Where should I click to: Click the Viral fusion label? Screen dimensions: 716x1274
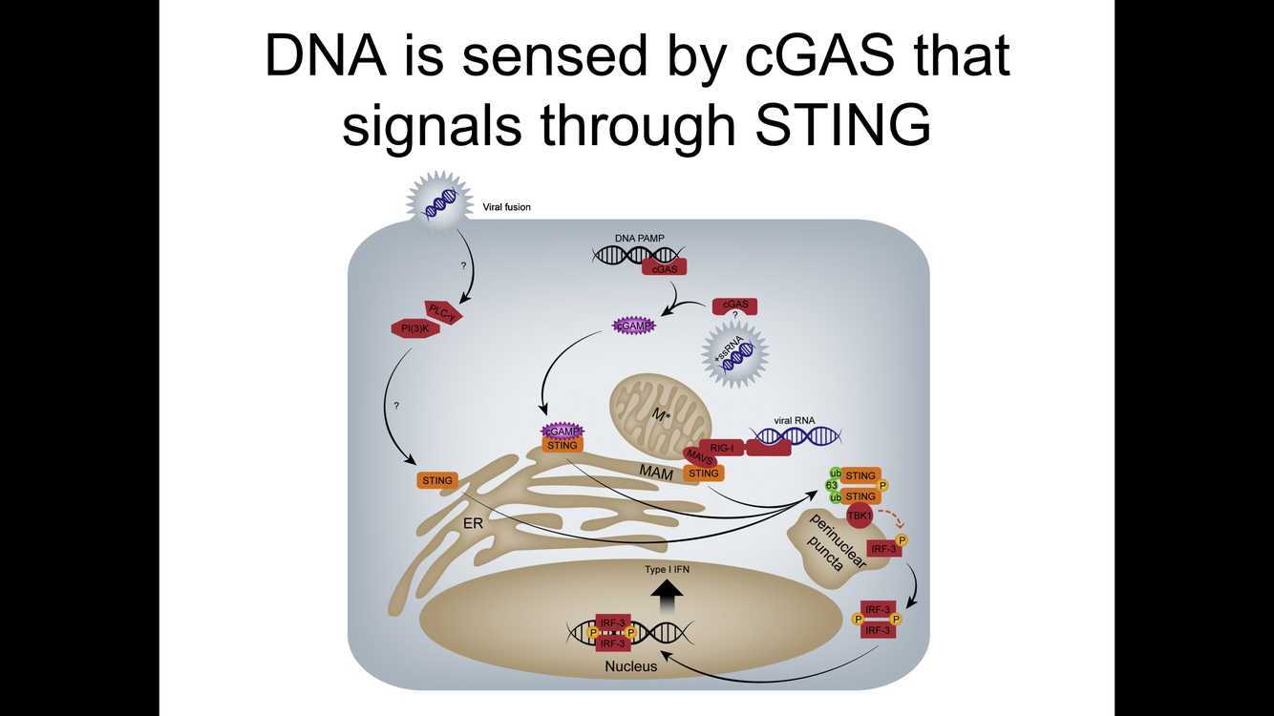pos(507,206)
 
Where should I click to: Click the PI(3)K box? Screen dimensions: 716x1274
pos(414,329)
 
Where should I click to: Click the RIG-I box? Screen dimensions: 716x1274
pos(722,446)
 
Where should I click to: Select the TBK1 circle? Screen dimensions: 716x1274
pos(860,516)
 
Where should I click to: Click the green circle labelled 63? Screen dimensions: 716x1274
pos(832,486)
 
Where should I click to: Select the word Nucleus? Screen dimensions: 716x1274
pos(631,665)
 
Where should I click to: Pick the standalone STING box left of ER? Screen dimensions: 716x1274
pos(437,480)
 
